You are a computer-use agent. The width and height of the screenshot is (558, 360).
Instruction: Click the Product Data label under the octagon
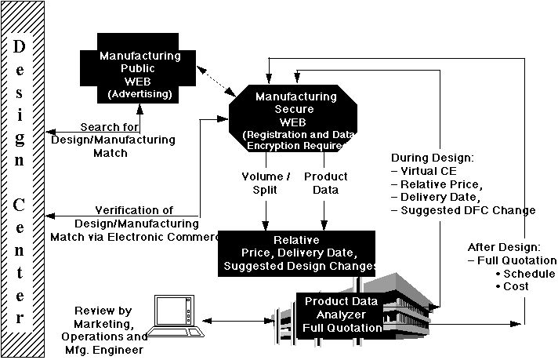tap(326, 182)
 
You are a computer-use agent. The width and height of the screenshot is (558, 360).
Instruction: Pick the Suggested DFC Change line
tap(467, 209)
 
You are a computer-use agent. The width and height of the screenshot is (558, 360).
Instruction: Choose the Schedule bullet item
tap(529, 273)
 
